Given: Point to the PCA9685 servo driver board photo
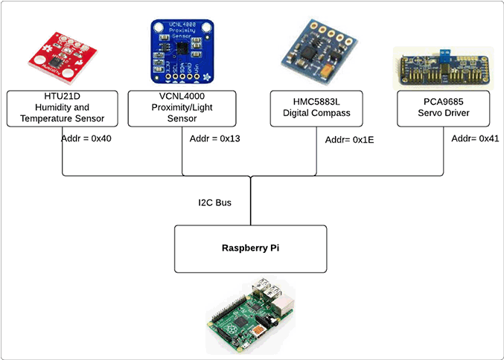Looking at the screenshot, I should tap(442, 68).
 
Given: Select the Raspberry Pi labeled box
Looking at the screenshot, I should tap(251, 248).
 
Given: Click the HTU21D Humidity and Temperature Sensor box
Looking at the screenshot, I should tap(62, 108).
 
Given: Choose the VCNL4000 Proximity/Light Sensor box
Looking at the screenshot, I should tap(182, 108).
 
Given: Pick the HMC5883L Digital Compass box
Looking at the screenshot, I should tap(316, 108).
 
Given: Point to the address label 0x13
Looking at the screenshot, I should tap(214, 138).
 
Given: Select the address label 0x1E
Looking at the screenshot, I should tap(350, 139).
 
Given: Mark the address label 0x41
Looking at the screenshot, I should tap(476, 138).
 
